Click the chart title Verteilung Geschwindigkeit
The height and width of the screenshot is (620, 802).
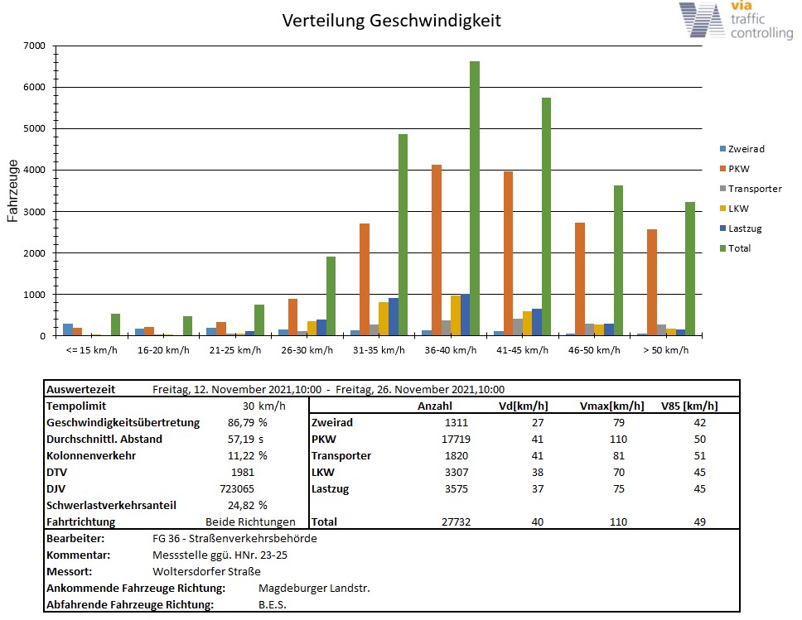coord(391,21)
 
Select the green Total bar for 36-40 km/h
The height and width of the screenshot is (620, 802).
coord(475,199)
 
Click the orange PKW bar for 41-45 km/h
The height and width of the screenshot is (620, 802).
coord(508,253)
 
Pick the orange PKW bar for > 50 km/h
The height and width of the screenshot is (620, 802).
coord(652,282)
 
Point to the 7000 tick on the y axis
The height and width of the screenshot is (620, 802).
coord(34,46)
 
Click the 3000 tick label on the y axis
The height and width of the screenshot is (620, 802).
coord(34,212)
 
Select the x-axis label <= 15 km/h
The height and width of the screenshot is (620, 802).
coord(91,350)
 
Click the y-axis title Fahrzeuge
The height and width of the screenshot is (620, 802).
coord(13,191)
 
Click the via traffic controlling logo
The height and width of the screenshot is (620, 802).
coord(735,21)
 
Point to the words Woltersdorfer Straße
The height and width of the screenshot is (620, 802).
coord(206,571)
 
